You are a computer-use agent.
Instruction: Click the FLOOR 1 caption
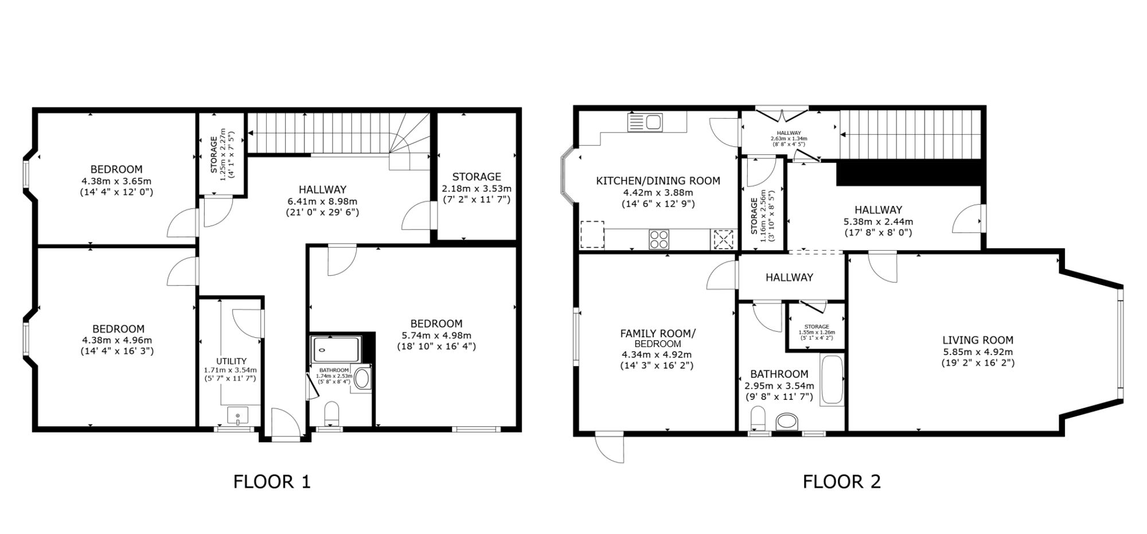[272, 481]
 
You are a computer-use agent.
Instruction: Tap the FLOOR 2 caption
[841, 481]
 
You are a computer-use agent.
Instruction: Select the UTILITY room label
[231, 361]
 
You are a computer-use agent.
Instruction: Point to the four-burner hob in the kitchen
[659, 239]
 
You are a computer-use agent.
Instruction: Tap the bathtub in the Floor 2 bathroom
[832, 380]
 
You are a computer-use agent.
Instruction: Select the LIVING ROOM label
[978, 340]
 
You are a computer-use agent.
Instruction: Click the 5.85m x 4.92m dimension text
[978, 352]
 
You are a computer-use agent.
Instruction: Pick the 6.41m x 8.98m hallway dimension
[322, 201]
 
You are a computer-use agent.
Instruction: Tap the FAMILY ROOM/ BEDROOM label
[658, 338]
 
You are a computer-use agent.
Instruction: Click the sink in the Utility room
[237, 415]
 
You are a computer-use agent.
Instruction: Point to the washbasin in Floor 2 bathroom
[787, 422]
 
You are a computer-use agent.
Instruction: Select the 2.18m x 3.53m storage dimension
[477, 188]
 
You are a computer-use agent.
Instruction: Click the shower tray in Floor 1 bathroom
[336, 349]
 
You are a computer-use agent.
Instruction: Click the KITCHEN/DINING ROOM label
[658, 181]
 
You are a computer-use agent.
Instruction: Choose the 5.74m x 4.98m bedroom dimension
[436, 335]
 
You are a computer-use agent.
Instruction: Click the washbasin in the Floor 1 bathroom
[362, 379]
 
